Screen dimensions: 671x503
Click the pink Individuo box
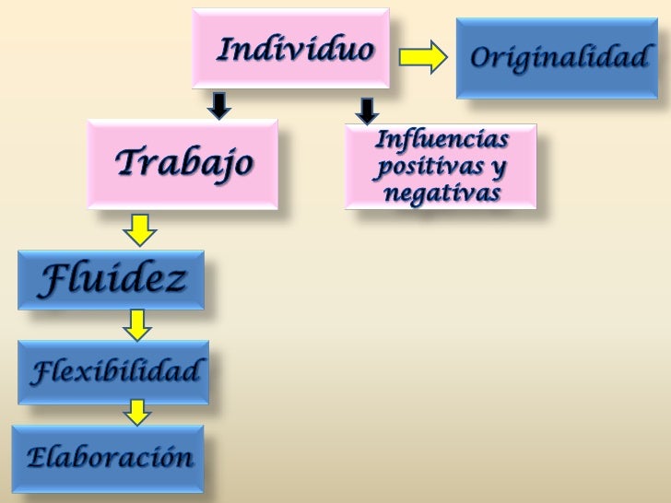(x=290, y=48)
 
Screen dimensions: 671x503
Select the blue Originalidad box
(x=558, y=58)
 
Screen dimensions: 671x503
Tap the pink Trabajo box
(x=182, y=164)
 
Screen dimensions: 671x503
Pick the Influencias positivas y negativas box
(x=441, y=167)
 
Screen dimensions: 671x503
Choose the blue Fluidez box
(x=111, y=280)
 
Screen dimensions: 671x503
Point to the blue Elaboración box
(x=108, y=457)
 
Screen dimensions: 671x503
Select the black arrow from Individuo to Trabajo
(x=218, y=104)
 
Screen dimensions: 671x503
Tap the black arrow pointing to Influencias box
(x=367, y=111)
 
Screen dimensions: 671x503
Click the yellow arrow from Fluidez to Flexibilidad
(x=138, y=324)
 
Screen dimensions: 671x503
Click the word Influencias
(x=441, y=141)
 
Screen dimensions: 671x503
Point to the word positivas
(x=429, y=169)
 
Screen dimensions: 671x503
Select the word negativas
(x=441, y=193)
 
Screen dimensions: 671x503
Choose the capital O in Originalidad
(x=481, y=58)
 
